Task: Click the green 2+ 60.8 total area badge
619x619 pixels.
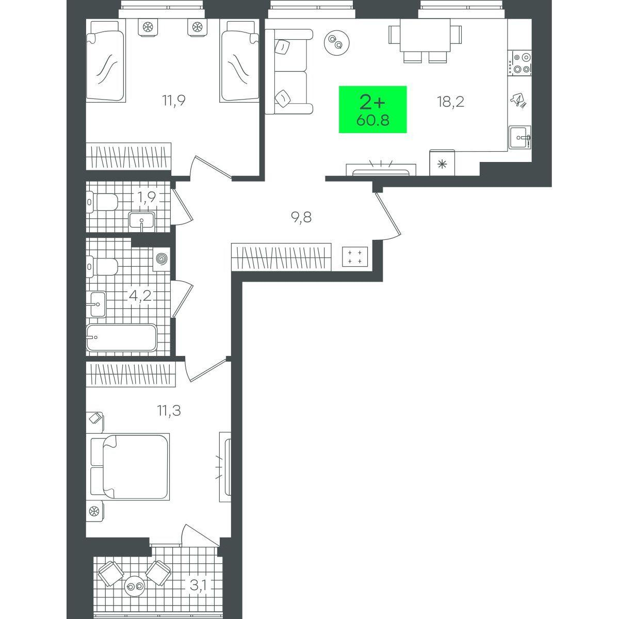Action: (x=372, y=109)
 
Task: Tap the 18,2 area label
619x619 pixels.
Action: (x=450, y=102)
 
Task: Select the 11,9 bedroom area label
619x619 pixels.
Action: (x=173, y=101)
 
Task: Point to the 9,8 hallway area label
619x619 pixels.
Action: (x=301, y=218)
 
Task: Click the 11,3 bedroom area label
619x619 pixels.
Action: (x=169, y=410)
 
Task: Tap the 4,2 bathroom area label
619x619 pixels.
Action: (x=140, y=296)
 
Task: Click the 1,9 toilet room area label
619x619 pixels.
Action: (x=146, y=197)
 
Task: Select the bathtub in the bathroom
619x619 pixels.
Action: (x=121, y=337)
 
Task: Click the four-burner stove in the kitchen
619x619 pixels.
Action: (x=519, y=63)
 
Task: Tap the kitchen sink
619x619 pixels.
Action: (x=520, y=138)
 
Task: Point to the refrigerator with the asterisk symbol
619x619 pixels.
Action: (x=442, y=162)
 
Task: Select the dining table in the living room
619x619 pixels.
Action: (x=425, y=40)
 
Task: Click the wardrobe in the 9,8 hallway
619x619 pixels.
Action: (x=282, y=257)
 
